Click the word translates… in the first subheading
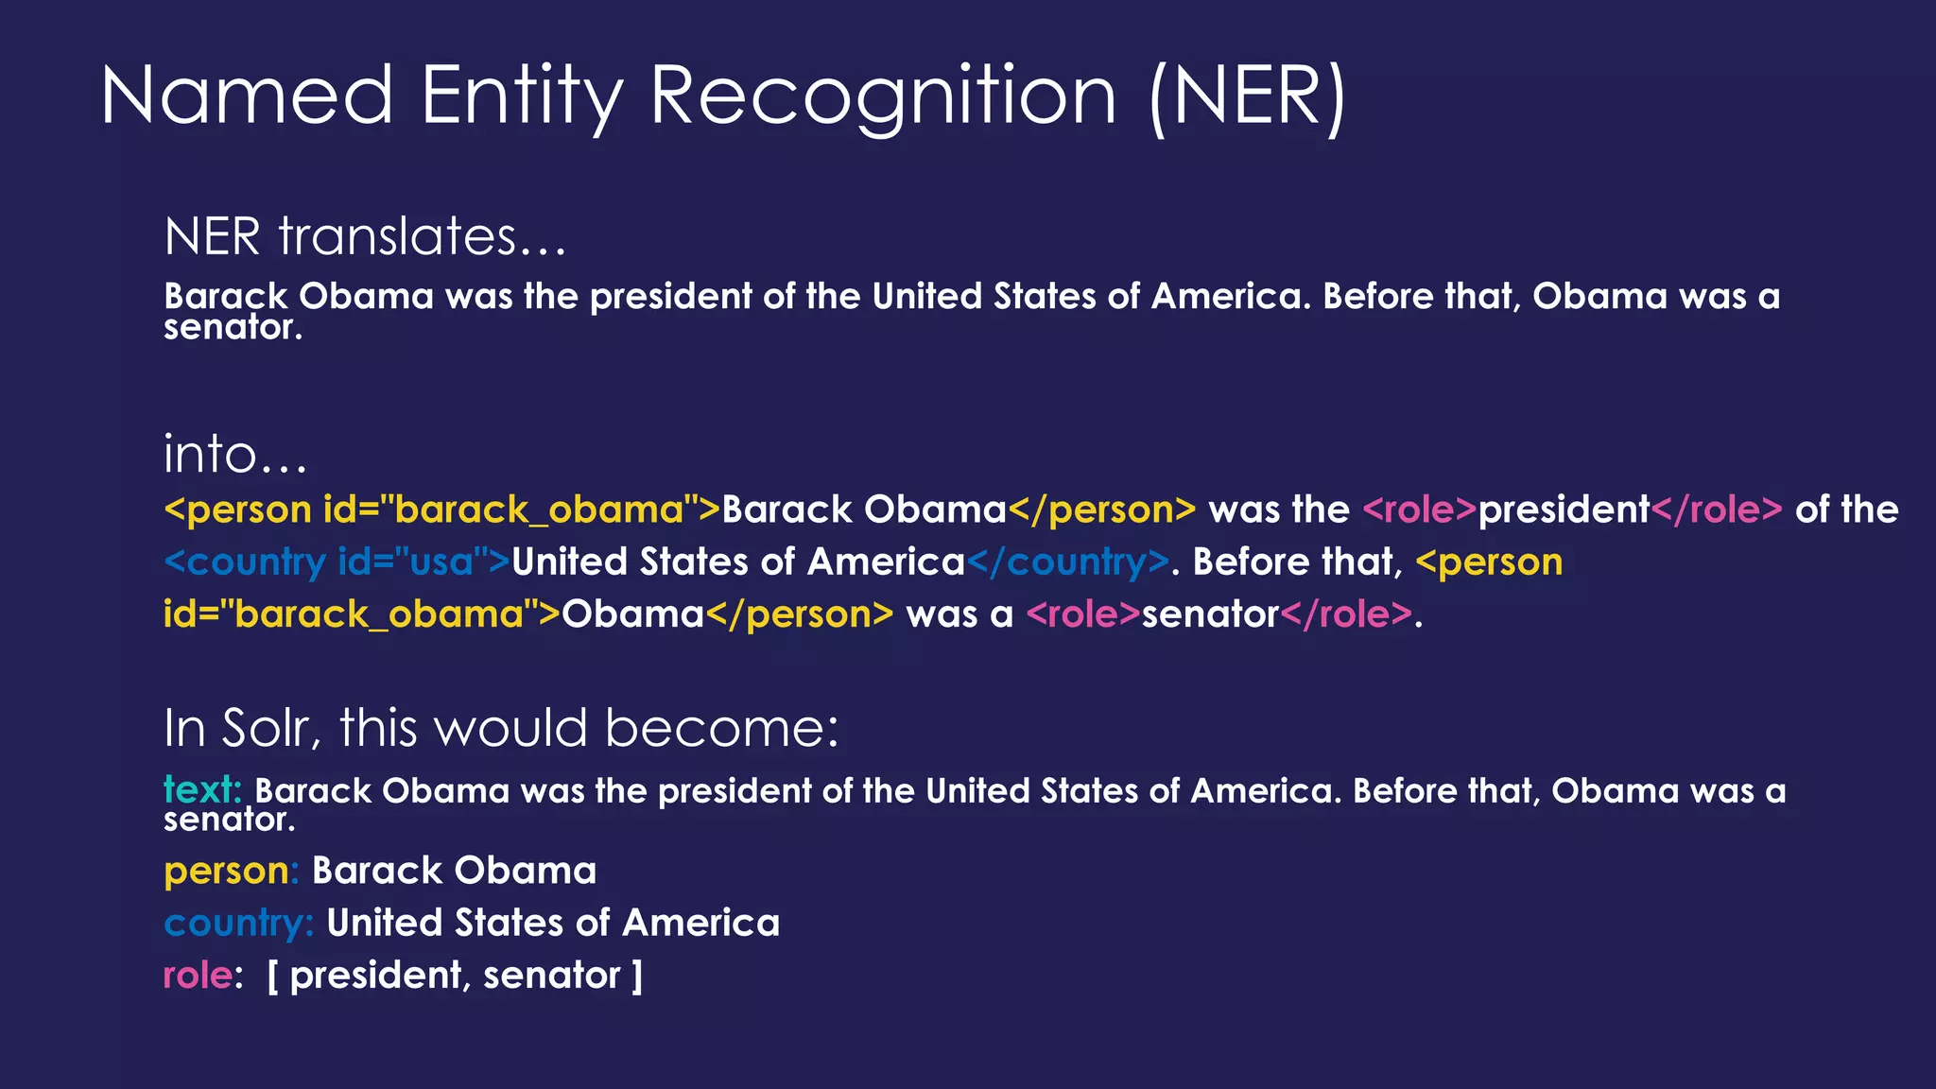tap(422, 236)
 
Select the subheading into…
tap(235, 455)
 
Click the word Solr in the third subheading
tap(264, 729)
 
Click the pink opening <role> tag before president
tap(1419, 510)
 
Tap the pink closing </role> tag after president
tap(1716, 510)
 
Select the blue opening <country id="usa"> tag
tap(337, 562)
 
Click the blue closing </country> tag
tap(1067, 562)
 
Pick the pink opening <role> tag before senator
tap(1083, 614)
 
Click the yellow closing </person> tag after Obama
tap(799, 614)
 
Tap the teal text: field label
tap(202, 789)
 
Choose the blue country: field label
tap(238, 924)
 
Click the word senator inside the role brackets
tap(551, 976)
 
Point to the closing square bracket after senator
tap(637, 976)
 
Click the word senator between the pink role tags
tap(1210, 614)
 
